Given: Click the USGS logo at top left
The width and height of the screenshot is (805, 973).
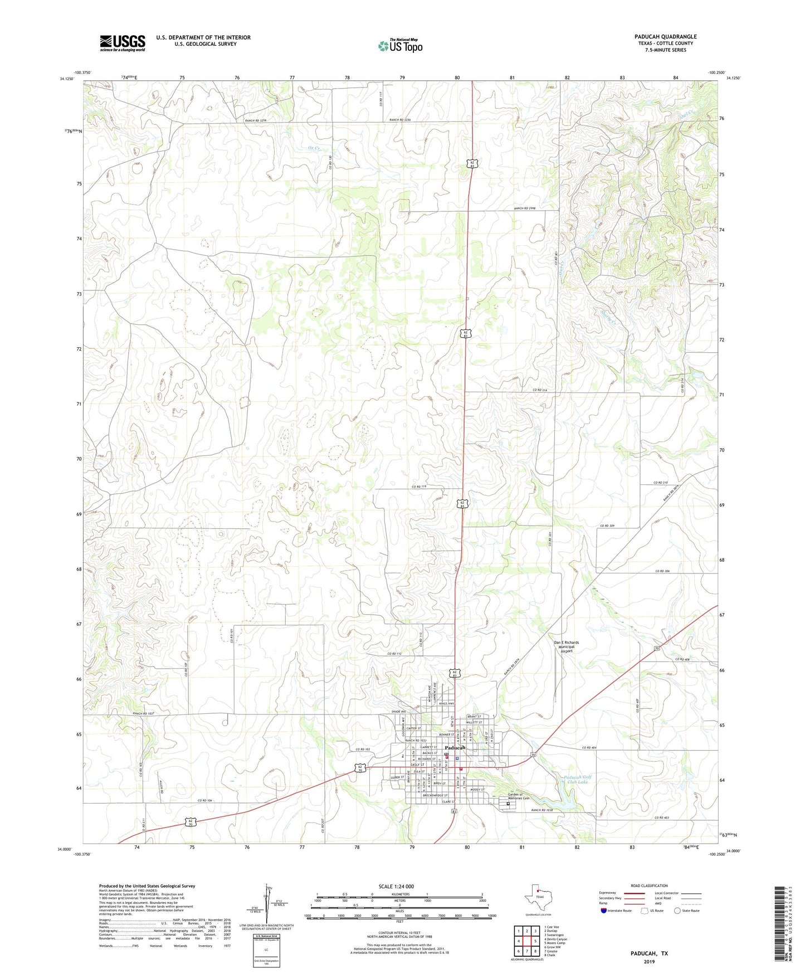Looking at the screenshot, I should pos(123,43).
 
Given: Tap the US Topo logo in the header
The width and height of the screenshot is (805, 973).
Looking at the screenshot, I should pos(399,46).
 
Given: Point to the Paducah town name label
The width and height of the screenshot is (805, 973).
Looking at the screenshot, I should pos(455,748).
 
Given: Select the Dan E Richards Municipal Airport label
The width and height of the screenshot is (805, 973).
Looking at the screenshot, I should pos(566,646).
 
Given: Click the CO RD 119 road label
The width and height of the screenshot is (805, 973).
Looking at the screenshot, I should pos(419,486).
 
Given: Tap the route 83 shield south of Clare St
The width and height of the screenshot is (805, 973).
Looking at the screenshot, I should pos(455,811).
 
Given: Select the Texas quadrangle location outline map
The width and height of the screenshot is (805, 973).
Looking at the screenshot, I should pos(538,898).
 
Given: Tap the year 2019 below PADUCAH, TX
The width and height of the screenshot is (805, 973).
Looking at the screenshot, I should pos(649,961).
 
